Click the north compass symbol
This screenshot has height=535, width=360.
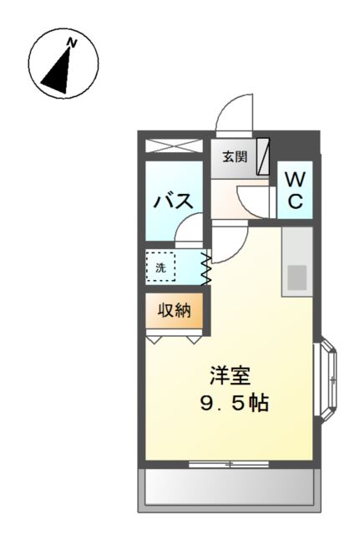pos(63,65)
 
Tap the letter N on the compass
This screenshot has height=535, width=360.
pos(73,43)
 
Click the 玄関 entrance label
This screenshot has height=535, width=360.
pos(235,156)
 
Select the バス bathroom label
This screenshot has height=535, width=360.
pos(174,201)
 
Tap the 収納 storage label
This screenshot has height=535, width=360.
pos(175,311)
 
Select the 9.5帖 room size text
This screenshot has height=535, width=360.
pos(233,404)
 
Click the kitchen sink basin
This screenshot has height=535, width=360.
pos(297,277)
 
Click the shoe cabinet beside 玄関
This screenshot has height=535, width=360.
pos(262,156)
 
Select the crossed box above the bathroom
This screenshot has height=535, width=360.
pos(174,145)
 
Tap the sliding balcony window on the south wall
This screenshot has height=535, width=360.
pos(228,462)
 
